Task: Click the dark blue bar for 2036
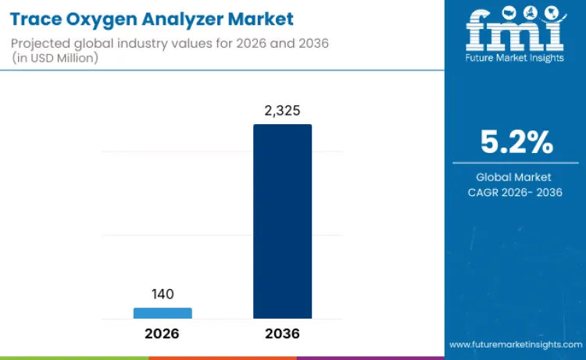(x=282, y=221)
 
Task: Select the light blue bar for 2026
(x=163, y=313)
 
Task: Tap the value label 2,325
(x=282, y=111)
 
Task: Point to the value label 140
(x=163, y=294)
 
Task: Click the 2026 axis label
(x=163, y=333)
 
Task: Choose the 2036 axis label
(x=282, y=333)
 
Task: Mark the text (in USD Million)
(x=57, y=58)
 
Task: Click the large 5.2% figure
(x=516, y=143)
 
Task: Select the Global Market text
(x=515, y=177)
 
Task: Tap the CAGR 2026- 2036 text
(x=515, y=192)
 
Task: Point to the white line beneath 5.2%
(x=515, y=162)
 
